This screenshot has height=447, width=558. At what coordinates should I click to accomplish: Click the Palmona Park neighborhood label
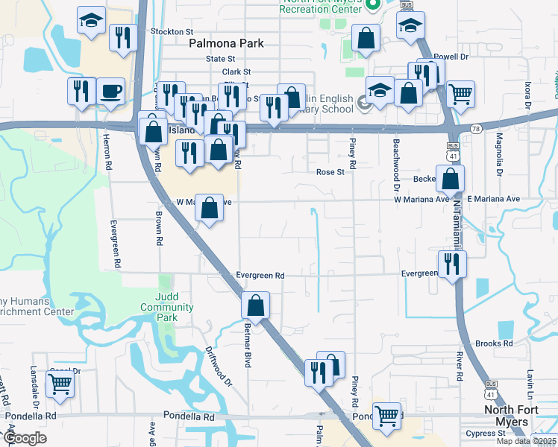pos(226,44)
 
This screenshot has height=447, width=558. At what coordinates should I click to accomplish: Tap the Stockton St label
pos(172,32)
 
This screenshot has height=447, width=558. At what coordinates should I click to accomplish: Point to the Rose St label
pos(329,172)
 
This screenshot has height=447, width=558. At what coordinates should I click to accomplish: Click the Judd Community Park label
pos(167,307)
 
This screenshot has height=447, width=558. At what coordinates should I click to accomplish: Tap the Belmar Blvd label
pos(247,343)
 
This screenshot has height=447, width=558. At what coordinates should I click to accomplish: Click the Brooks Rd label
pos(494,343)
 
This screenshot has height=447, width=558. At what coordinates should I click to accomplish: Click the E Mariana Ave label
pos(493,199)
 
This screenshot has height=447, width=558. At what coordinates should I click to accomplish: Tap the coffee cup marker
pos(110,90)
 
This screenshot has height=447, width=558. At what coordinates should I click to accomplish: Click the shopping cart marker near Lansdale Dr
pos(60,384)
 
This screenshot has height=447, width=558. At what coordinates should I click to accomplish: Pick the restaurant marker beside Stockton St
pos(122,37)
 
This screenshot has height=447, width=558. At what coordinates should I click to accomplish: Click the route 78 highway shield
pos(474,130)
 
